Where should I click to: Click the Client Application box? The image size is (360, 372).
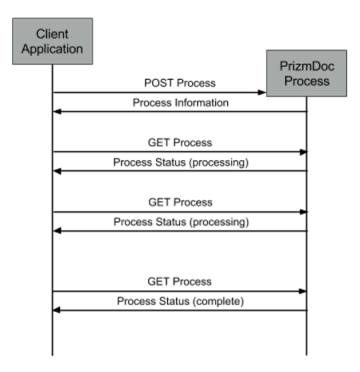click(x=53, y=42)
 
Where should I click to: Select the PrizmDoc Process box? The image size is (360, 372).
click(x=306, y=73)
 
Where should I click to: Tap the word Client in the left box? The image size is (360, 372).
click(x=52, y=34)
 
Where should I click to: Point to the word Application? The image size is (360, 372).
click(x=52, y=50)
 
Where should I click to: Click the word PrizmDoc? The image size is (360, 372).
click(x=307, y=66)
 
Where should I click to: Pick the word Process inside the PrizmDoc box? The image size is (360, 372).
click(x=307, y=81)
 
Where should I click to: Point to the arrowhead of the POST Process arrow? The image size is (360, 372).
click(x=262, y=93)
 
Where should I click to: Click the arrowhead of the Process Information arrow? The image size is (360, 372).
click(x=58, y=111)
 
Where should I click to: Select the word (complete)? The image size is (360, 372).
click(x=218, y=302)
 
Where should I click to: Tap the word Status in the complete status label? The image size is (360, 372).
click(x=174, y=301)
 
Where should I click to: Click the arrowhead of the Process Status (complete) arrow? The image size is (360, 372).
click(x=57, y=310)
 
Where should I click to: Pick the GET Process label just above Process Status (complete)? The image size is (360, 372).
click(x=179, y=282)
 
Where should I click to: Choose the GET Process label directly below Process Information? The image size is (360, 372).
click(x=180, y=142)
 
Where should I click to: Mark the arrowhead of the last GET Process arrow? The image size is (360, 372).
click(x=302, y=291)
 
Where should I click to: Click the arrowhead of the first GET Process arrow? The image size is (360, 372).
click(x=303, y=152)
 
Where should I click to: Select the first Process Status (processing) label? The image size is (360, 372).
click(x=181, y=162)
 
